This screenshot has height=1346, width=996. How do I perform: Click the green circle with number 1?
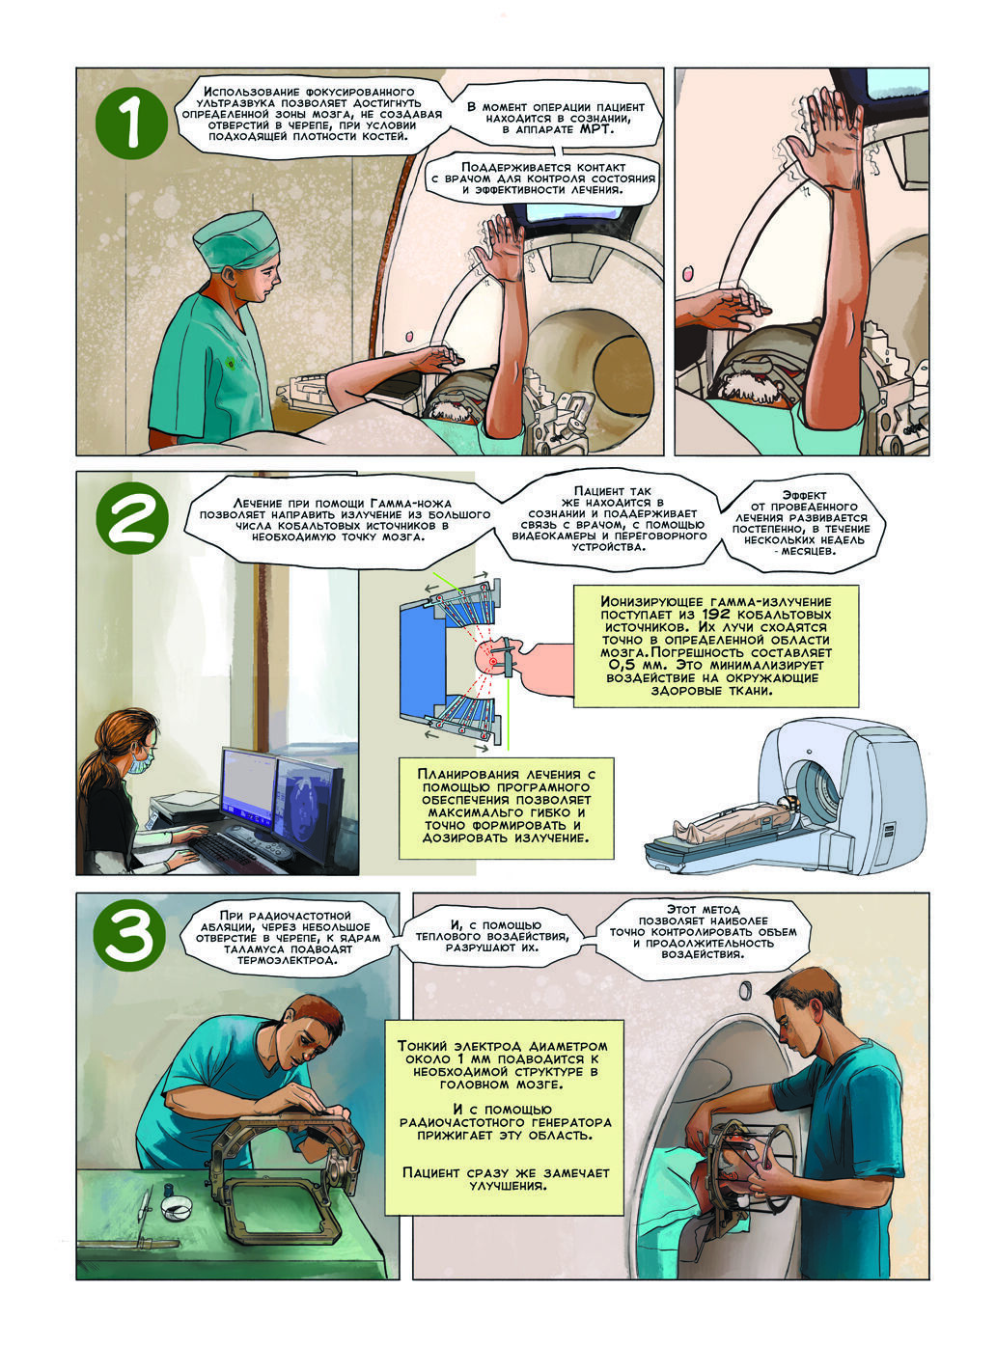131,123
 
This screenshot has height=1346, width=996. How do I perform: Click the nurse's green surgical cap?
235,241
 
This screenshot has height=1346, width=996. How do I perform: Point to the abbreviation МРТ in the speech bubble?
595,129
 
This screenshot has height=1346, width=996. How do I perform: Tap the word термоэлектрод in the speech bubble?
287,961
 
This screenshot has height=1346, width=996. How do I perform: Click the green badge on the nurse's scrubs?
231,363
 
